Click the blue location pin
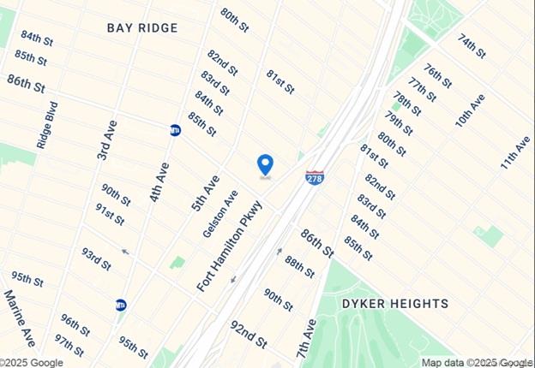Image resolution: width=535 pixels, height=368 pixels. [266, 164]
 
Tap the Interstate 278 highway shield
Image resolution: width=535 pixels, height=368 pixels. [315, 177]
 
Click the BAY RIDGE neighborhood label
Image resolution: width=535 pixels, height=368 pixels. [143, 28]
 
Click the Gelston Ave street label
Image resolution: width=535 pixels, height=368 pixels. [219, 214]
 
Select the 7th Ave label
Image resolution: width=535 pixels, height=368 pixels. [306, 337]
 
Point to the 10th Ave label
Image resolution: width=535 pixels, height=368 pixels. [470, 111]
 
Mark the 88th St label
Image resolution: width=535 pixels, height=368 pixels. [300, 266]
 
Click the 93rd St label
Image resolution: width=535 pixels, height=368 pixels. [97, 258]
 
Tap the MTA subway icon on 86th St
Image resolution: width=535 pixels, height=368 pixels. [175, 131]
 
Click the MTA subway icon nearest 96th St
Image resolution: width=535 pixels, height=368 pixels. [121, 305]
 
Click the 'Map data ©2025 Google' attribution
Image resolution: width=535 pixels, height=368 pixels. [477, 362]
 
